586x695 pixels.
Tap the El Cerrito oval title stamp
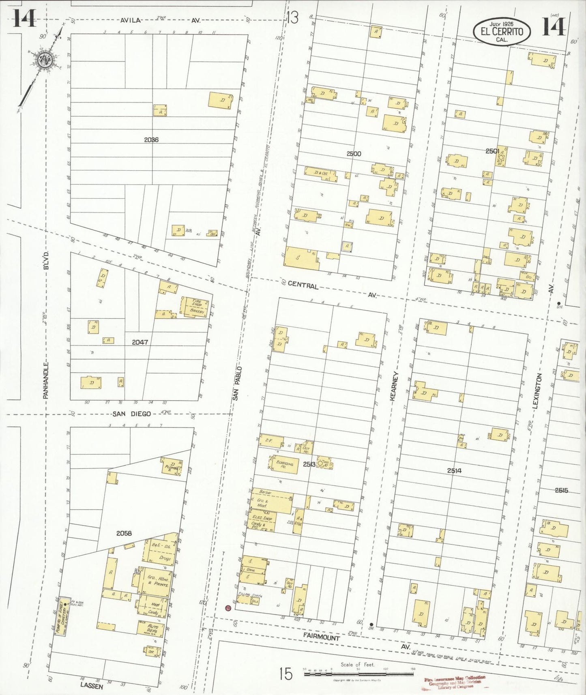[x=501, y=31]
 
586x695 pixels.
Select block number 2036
[x=151, y=140]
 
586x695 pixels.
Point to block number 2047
[x=140, y=342]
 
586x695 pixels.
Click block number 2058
[x=124, y=533]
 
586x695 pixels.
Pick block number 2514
[x=454, y=471]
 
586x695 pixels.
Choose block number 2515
[x=561, y=490]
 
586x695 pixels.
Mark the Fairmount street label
[x=321, y=637]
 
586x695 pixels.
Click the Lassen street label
[x=92, y=686]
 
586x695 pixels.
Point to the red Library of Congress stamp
[x=455, y=682]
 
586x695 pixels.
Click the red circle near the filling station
[x=228, y=608]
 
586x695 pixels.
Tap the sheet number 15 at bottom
[x=285, y=674]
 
